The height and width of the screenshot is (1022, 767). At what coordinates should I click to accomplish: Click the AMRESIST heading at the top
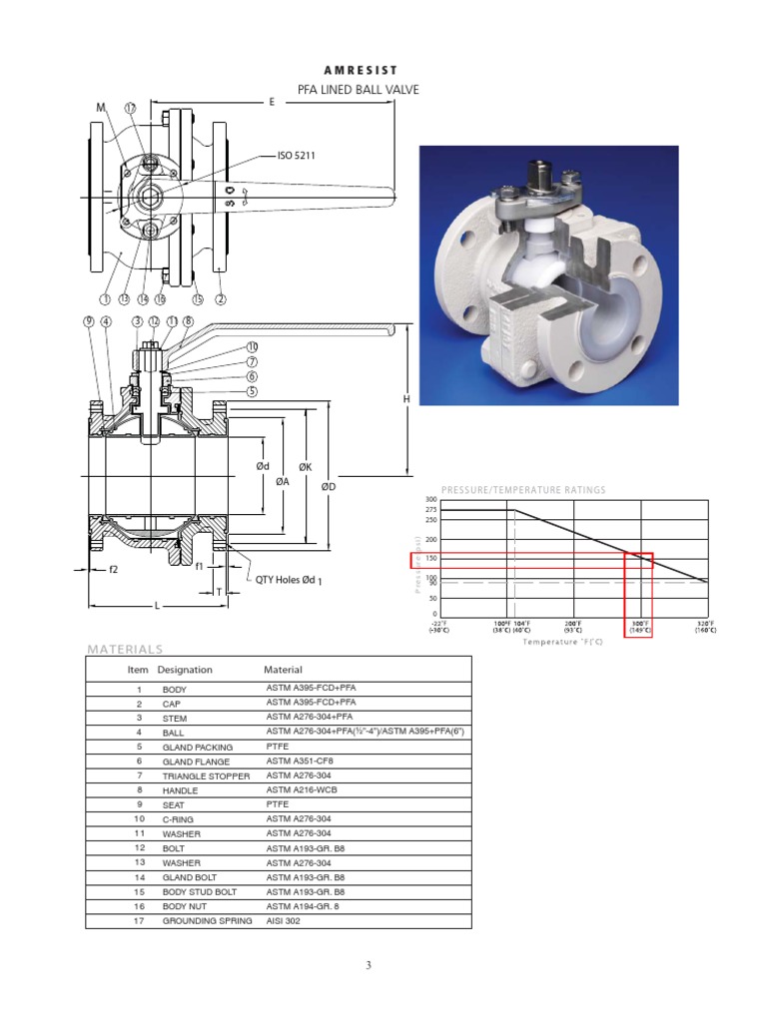361,70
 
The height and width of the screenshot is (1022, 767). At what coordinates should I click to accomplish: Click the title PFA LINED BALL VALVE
359,90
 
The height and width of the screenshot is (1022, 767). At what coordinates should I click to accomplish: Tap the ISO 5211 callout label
297,156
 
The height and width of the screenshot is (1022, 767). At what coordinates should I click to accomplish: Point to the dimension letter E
272,102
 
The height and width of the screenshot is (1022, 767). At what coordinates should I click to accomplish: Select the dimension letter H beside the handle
406,399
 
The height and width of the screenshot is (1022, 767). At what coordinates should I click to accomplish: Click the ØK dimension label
306,466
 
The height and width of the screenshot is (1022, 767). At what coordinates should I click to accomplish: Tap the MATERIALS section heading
125,649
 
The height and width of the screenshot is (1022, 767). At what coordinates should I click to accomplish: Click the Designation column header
185,670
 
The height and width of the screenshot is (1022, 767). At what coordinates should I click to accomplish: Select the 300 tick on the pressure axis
431,499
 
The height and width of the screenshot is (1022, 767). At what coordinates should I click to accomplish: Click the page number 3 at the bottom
369,965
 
